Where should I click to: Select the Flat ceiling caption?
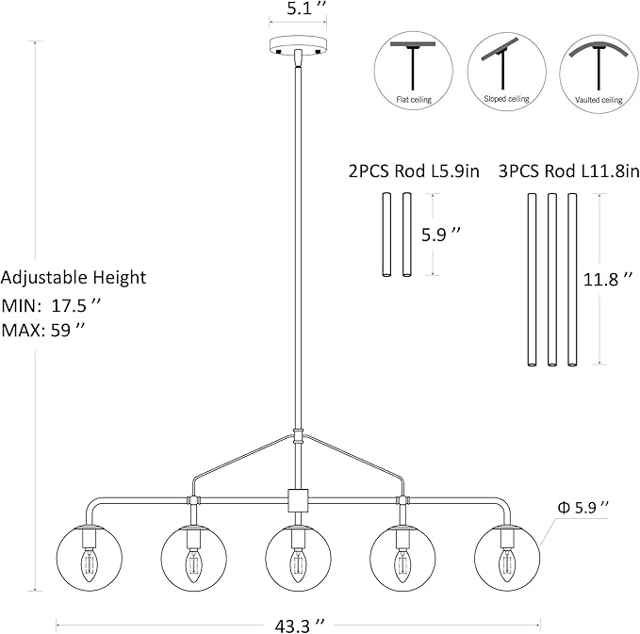tap(414, 100)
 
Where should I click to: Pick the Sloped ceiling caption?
tap(506, 99)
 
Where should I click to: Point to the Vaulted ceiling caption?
tap(599, 100)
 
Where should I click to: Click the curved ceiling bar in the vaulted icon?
tap(599, 46)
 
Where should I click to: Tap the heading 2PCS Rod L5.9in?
tap(414, 171)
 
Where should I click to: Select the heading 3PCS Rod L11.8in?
tap(569, 171)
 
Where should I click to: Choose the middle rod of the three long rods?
tap(551, 280)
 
